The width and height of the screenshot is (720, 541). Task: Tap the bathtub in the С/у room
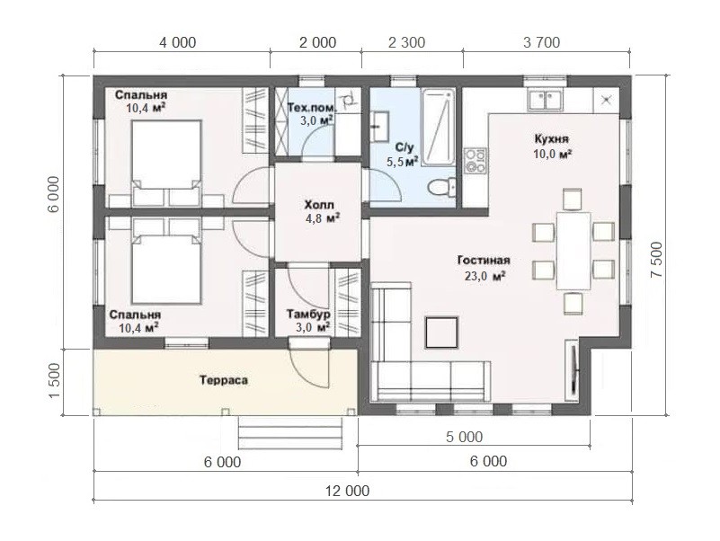click(x=438, y=128)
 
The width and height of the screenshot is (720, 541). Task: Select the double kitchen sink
click(x=545, y=101)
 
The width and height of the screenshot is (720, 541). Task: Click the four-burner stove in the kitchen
click(x=475, y=161)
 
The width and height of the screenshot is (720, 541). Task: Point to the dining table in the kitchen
click(x=573, y=251)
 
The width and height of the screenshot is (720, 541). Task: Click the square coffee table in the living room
click(x=441, y=333)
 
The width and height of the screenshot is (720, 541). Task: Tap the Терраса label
click(x=224, y=380)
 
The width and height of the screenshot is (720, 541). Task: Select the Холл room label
click(x=319, y=205)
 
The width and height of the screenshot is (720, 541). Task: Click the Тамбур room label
click(x=308, y=315)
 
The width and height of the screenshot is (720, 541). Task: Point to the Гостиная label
click(x=484, y=261)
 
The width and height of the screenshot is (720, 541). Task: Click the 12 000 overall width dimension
click(x=348, y=491)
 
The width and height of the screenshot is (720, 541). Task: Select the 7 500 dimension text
click(x=657, y=260)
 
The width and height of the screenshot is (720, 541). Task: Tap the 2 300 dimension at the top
click(x=407, y=43)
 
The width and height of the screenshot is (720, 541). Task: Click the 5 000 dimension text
click(x=464, y=437)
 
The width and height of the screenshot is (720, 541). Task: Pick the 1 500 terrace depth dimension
click(x=54, y=381)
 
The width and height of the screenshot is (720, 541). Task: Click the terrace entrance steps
click(x=290, y=432)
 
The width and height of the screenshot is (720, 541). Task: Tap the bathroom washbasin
click(x=379, y=126)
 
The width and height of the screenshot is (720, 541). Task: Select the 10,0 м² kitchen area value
click(x=552, y=155)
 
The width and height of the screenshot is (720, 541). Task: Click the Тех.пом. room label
click(x=312, y=108)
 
